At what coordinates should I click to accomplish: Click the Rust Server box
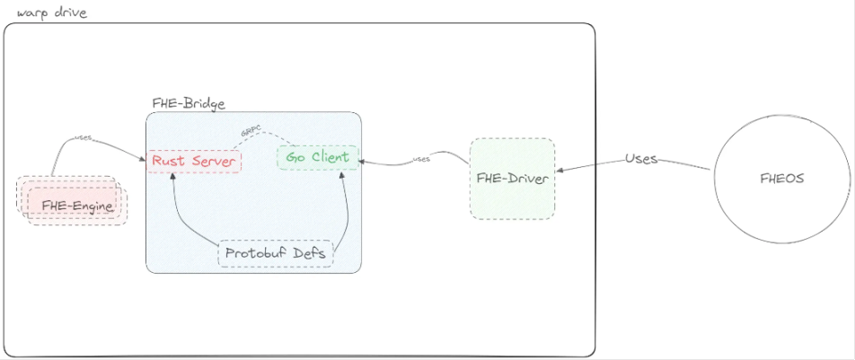[x=193, y=161]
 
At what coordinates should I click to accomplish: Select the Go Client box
[x=317, y=158]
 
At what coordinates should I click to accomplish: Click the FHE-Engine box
[x=77, y=206]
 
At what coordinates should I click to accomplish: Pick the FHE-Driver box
[x=512, y=179]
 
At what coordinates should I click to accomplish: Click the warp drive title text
[x=51, y=13]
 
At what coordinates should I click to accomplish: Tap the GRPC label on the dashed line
[x=251, y=131]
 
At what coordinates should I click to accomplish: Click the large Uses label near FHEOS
[x=641, y=159]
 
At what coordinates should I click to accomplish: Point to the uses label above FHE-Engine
[x=83, y=138]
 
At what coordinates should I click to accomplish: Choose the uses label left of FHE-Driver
[x=421, y=159]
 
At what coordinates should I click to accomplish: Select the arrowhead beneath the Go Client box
[x=342, y=174]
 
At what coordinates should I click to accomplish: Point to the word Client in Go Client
[x=330, y=158]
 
